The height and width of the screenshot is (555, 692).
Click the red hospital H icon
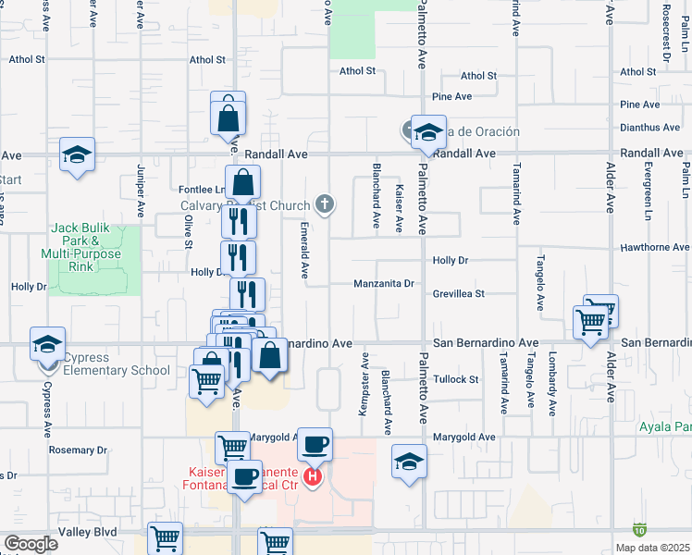tap(313, 477)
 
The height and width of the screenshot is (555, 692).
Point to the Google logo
tap(31, 544)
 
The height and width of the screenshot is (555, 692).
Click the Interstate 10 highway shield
tap(639, 530)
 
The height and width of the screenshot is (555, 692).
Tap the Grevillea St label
tap(459, 294)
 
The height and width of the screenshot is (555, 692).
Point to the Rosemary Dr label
tap(78, 450)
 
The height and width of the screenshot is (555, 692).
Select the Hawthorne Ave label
tap(653, 247)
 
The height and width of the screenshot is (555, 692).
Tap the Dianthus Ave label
tap(650, 128)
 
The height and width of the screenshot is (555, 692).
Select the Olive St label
tap(188, 231)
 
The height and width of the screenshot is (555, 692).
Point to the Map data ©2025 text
tap(652, 548)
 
